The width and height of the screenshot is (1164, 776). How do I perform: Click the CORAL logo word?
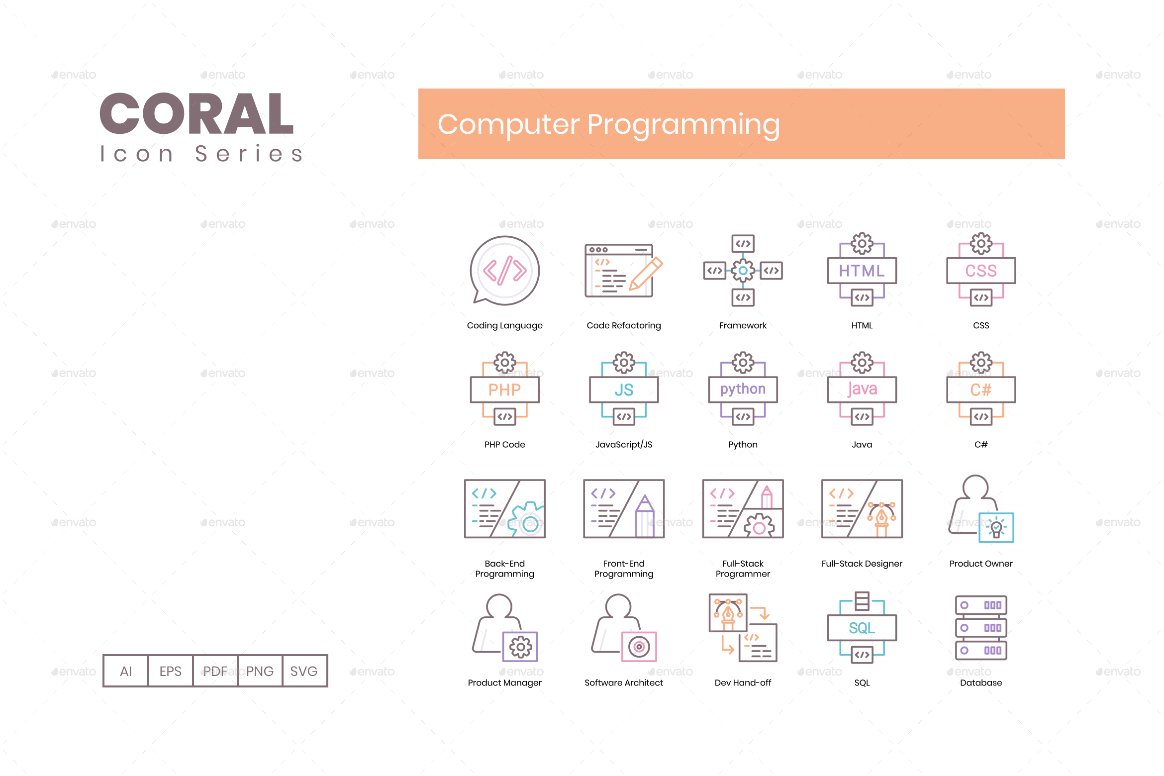196,114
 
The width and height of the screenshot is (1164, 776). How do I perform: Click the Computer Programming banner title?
608,124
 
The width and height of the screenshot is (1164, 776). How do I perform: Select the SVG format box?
304,671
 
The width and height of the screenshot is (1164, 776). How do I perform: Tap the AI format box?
126,671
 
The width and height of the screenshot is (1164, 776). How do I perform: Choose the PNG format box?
260,671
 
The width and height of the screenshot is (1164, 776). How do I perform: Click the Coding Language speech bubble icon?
504,271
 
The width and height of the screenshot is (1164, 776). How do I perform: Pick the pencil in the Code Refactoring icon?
646,273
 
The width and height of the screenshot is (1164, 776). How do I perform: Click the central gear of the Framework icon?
743,271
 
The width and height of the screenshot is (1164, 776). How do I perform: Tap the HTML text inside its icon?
862,271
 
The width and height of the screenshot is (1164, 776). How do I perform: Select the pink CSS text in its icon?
981,271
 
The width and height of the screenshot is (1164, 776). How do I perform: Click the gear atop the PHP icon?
504,362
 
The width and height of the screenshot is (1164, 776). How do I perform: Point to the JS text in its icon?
624,389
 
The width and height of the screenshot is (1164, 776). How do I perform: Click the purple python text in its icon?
743,389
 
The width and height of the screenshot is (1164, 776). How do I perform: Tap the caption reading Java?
862,444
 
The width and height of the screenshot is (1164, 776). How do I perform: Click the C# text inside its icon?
981,389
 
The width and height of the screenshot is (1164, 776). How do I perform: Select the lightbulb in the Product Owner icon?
996,527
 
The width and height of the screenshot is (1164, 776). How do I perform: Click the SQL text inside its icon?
862,628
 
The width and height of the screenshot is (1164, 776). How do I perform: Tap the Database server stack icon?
981,628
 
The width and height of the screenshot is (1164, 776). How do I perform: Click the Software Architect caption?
624,682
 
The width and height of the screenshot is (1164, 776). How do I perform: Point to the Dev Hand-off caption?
743,682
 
